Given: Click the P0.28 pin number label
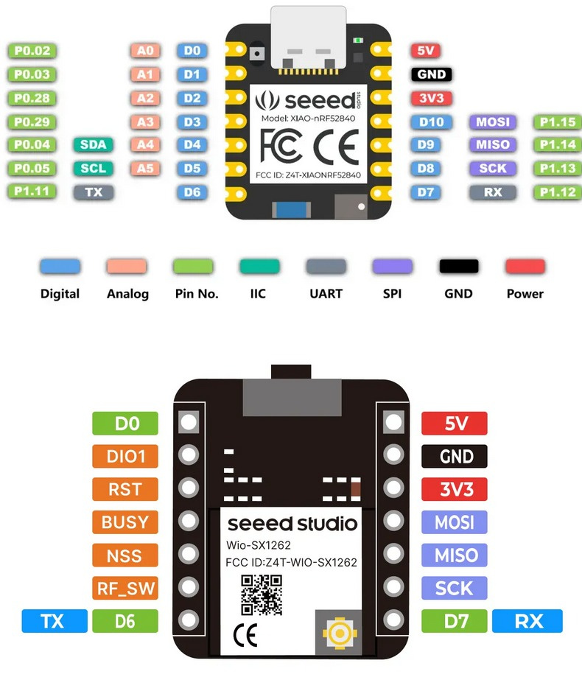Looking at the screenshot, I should click(x=32, y=98).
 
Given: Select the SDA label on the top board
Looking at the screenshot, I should click(x=94, y=145).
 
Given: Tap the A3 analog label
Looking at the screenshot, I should click(x=145, y=122).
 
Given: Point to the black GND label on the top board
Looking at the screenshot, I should click(x=431, y=74).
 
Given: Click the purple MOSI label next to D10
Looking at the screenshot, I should click(x=492, y=122).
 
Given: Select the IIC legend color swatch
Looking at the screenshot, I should click(x=259, y=267).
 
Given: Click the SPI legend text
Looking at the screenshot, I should click(x=392, y=293).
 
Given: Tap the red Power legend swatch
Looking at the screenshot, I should click(x=525, y=267).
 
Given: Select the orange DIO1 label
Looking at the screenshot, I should click(x=125, y=457).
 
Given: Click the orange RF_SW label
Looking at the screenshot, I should click(x=125, y=589).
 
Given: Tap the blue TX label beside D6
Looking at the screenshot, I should click(x=55, y=621).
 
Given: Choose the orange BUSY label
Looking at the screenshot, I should click(x=125, y=522).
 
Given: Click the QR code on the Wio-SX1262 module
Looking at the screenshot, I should click(x=262, y=595).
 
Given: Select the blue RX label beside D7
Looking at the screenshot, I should click(x=527, y=621).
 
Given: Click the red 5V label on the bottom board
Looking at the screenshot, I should click(x=455, y=424).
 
